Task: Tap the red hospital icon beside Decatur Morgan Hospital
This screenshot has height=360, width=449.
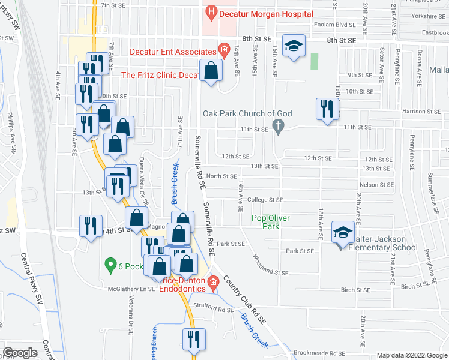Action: [x=211, y=11]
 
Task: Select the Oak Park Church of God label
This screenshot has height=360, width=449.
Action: [x=247, y=113]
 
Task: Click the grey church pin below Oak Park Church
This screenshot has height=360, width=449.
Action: [x=277, y=127]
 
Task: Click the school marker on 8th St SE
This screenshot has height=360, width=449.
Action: [x=294, y=47]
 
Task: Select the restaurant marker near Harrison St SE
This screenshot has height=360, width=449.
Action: [x=327, y=109]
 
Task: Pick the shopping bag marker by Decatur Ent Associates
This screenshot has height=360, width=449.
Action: [x=211, y=71]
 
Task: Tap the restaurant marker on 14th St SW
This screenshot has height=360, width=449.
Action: [x=91, y=226]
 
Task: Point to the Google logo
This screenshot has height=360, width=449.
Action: [x=20, y=352]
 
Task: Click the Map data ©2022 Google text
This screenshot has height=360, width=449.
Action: [x=411, y=355]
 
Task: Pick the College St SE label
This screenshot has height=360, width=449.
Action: [x=262, y=200]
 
